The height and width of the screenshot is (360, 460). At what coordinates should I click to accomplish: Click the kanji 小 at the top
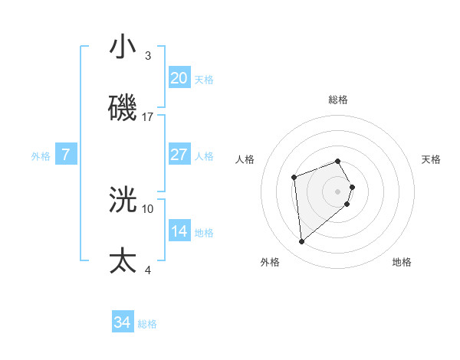click(123, 48)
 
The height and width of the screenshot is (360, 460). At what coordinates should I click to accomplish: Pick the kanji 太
click(123, 260)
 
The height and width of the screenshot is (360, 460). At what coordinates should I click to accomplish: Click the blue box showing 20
click(179, 77)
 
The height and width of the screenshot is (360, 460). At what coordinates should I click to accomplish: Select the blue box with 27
click(179, 155)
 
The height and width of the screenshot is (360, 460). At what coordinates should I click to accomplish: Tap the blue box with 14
click(179, 231)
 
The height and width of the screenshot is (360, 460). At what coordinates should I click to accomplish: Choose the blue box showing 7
click(66, 155)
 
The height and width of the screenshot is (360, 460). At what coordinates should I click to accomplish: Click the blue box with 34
click(123, 323)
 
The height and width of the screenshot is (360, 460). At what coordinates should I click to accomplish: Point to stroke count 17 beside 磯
click(148, 116)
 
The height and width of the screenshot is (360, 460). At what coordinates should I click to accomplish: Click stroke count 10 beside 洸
click(148, 208)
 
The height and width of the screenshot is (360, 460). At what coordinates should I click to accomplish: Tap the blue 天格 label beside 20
click(204, 79)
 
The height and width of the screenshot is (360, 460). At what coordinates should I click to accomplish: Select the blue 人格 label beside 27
click(204, 155)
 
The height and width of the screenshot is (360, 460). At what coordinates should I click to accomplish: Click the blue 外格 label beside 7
click(41, 155)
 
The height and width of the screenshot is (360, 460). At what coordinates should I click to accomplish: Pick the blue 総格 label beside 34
click(147, 324)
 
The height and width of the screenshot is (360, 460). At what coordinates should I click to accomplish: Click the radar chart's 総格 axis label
click(338, 100)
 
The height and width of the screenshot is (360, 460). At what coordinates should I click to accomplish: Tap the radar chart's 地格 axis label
click(402, 262)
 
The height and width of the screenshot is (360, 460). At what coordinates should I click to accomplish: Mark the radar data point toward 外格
click(302, 242)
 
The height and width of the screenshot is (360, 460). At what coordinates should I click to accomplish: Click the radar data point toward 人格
click(294, 178)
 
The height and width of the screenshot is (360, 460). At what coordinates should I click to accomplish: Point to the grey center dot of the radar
click(338, 191)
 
